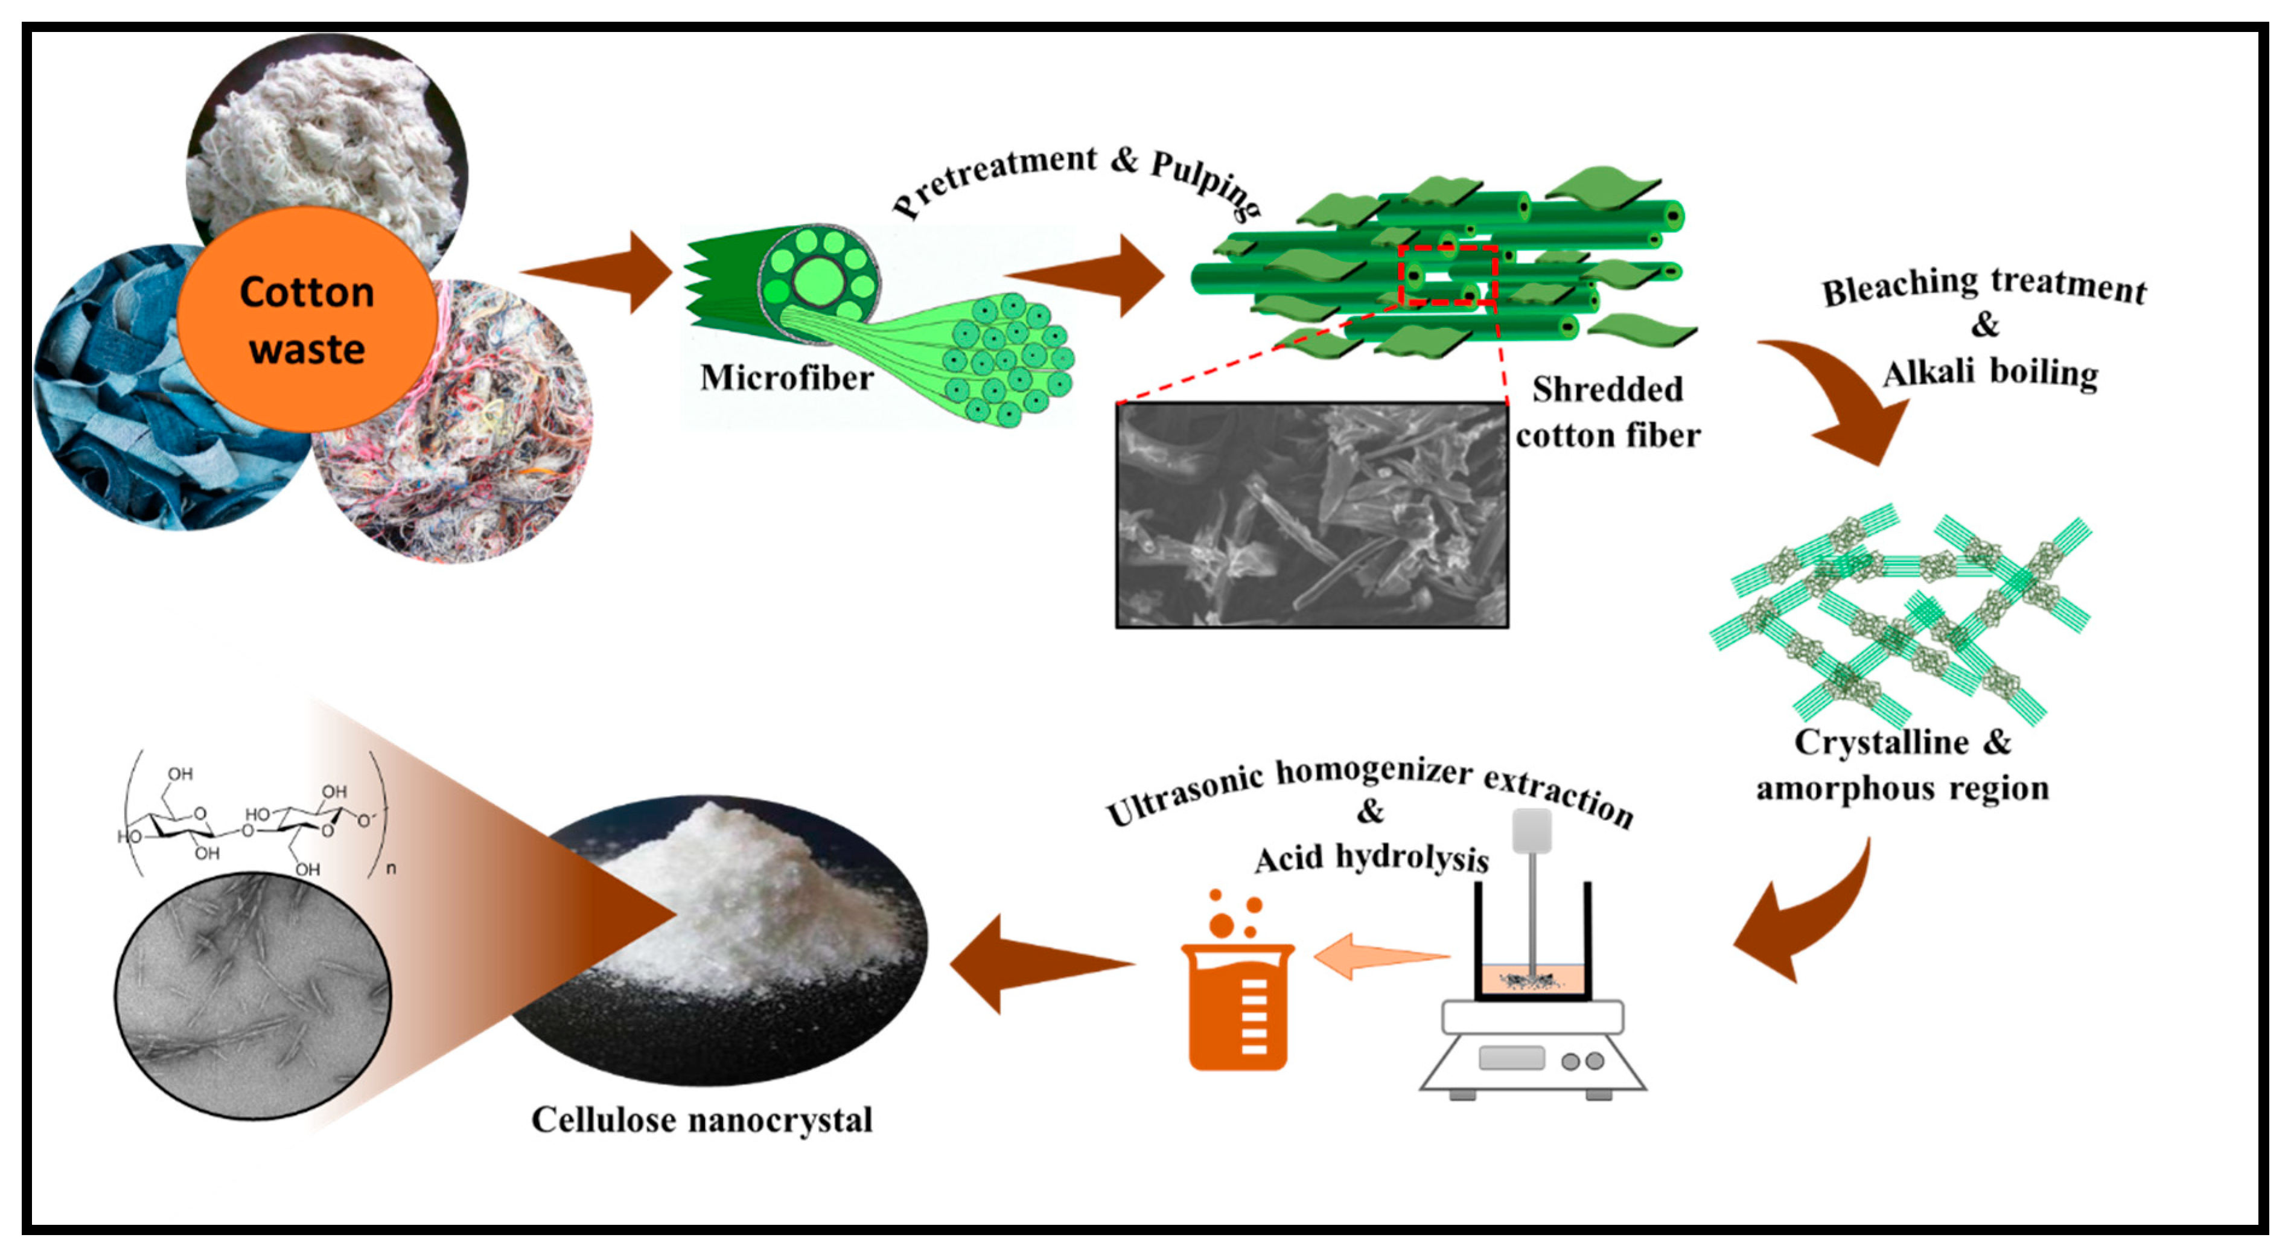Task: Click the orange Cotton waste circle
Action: [307, 320]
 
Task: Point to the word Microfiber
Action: [786, 378]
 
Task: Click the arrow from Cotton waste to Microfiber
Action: [605, 271]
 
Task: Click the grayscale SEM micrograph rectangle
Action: [1312, 516]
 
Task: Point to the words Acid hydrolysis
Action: [1371, 858]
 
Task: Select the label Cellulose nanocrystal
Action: [702, 1120]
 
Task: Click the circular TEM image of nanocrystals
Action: [253, 996]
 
